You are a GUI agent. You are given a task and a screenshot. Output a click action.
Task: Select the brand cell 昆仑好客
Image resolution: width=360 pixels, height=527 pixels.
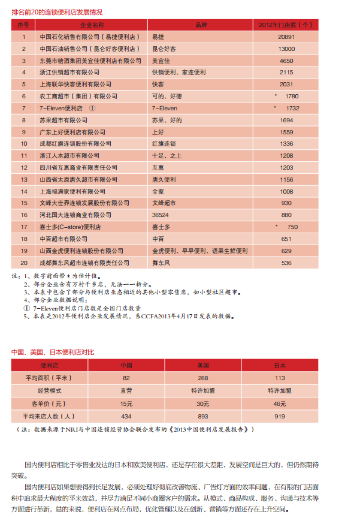[x=165, y=49]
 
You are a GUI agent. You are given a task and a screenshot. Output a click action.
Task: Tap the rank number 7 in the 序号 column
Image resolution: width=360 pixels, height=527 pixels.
[x=24, y=108]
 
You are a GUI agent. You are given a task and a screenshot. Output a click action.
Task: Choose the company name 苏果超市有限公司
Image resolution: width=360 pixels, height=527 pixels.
[x=63, y=120]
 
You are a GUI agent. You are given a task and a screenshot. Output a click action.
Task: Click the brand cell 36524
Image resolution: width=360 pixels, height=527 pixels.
[x=160, y=215]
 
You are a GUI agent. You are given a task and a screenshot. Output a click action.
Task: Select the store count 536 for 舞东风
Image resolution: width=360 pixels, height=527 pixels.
[x=286, y=263]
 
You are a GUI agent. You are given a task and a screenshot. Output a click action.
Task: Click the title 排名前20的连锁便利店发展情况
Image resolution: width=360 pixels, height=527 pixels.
[x=57, y=11]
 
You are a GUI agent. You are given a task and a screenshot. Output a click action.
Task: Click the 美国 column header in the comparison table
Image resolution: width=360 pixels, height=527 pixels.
[x=203, y=365]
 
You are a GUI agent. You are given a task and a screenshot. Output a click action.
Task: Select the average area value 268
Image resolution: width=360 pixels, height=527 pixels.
[x=203, y=378]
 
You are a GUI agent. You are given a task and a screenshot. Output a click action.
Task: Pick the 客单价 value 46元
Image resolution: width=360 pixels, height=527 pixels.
[x=280, y=403]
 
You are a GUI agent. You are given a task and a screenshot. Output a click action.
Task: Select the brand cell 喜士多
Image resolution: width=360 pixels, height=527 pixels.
[x=161, y=227]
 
